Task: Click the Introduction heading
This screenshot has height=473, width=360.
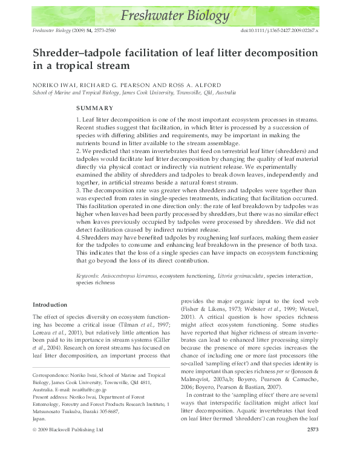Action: (x=50, y=304)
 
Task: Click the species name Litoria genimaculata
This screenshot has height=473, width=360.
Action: (x=235, y=276)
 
